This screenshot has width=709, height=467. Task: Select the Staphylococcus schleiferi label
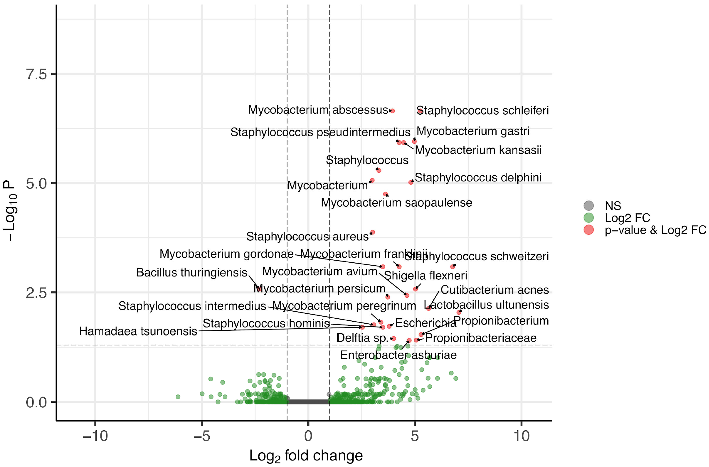[x=482, y=111]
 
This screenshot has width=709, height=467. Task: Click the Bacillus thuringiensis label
[x=192, y=272]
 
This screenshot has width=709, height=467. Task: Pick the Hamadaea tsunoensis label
[x=138, y=331]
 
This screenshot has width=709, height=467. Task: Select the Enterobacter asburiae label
[x=398, y=355]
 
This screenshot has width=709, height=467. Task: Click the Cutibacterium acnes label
[x=494, y=290]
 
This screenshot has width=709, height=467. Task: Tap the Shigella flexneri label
[x=425, y=275]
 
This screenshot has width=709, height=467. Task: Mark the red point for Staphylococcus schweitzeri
[x=453, y=267]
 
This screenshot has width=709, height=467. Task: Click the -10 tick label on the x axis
[x=95, y=436]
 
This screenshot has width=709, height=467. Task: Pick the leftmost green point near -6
[x=178, y=397]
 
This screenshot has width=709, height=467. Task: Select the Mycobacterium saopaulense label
[x=396, y=203]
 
